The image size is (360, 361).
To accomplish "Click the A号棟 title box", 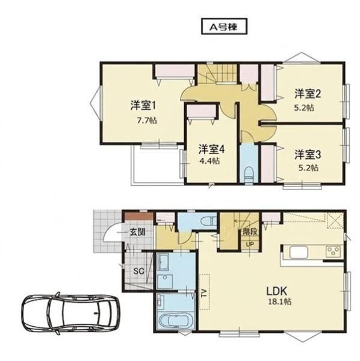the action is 225,26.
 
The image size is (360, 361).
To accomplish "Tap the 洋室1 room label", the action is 143,105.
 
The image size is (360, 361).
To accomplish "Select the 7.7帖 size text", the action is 147,120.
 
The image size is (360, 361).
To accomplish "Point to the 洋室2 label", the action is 308,94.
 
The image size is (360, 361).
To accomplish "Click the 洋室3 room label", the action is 308,155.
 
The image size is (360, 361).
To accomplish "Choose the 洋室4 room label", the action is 212,149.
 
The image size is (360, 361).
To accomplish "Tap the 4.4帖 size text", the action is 209,161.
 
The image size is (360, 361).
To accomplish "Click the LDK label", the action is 276,291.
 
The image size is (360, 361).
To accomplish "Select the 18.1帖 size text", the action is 280,301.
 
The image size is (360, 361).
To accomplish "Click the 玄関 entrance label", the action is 137,232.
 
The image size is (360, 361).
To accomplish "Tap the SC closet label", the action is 139,271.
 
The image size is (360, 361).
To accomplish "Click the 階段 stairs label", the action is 250,232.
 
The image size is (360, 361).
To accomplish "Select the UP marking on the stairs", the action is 250,244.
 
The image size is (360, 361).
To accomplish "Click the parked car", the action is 70,313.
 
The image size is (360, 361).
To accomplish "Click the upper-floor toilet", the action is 249,175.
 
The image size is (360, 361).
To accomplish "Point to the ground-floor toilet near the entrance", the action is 209,221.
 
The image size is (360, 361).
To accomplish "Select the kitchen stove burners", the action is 334,251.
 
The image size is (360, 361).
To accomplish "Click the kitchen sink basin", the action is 299,253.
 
